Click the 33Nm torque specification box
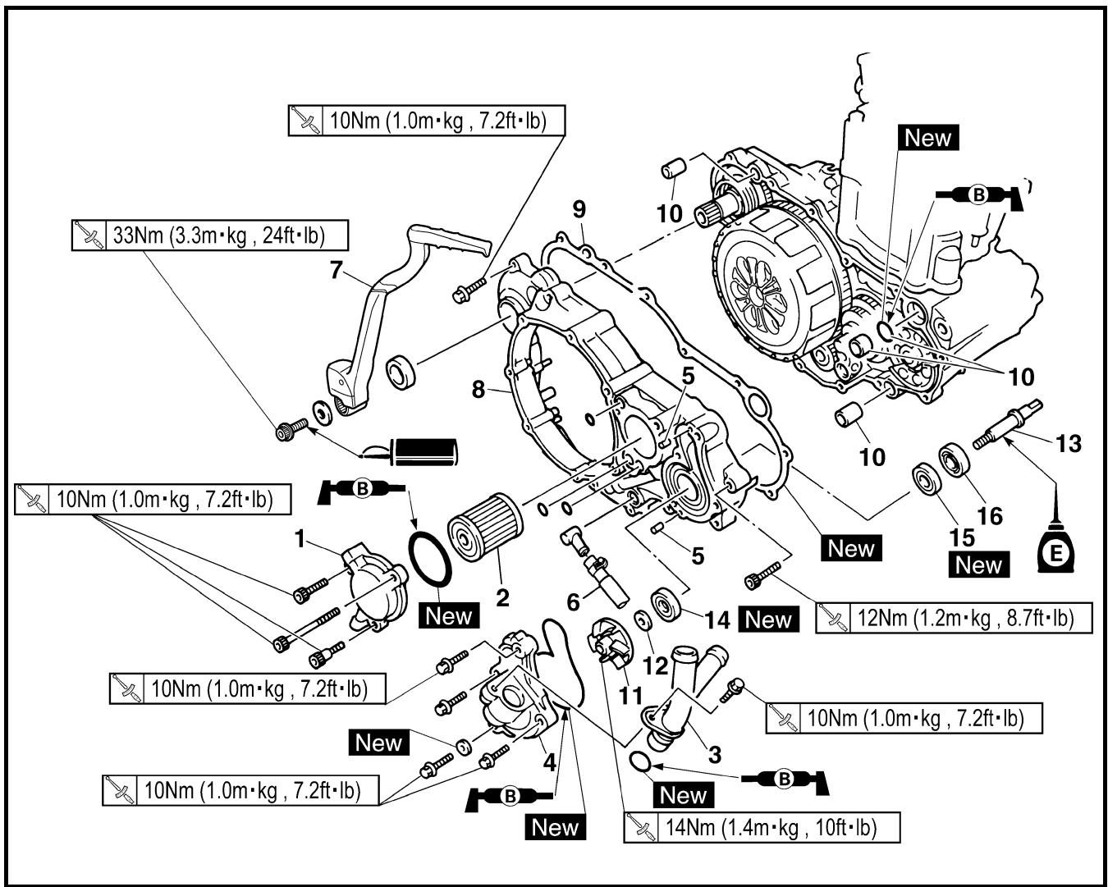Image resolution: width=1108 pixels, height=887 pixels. pyautogui.click(x=209, y=235)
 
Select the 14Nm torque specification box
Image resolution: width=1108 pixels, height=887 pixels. pyautogui.click(x=762, y=828)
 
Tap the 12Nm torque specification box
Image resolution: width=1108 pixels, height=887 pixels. pyautogui.click(x=954, y=617)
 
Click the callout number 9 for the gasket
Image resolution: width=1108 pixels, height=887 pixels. pyautogui.click(x=579, y=209)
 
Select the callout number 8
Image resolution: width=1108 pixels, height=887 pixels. pyautogui.click(x=478, y=389)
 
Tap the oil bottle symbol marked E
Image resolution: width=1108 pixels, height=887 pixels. pyautogui.click(x=1055, y=546)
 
